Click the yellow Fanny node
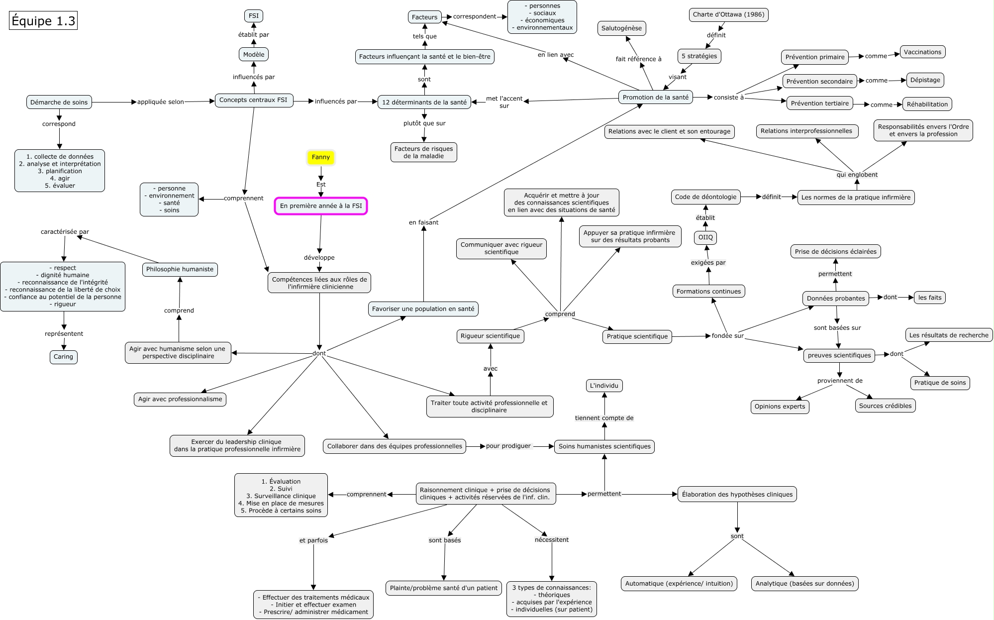coord(321,157)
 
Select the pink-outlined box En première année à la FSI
coord(321,206)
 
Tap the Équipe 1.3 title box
coord(43,21)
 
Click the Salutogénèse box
coord(621,28)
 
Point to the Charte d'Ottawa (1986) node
coord(728,14)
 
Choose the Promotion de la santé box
coord(656,98)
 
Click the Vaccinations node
coord(922,52)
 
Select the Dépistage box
coord(925,80)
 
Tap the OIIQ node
coord(705,237)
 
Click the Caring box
coord(63,357)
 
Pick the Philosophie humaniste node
coord(180,269)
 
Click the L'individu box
coord(604,386)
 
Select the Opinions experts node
coord(780,407)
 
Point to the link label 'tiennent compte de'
coord(604,418)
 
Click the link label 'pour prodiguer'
coord(508,446)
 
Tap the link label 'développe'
coord(319,258)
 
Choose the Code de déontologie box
coord(705,197)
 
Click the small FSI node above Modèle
coord(254,16)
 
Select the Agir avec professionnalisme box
coord(180,399)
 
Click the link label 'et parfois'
coord(313,540)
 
